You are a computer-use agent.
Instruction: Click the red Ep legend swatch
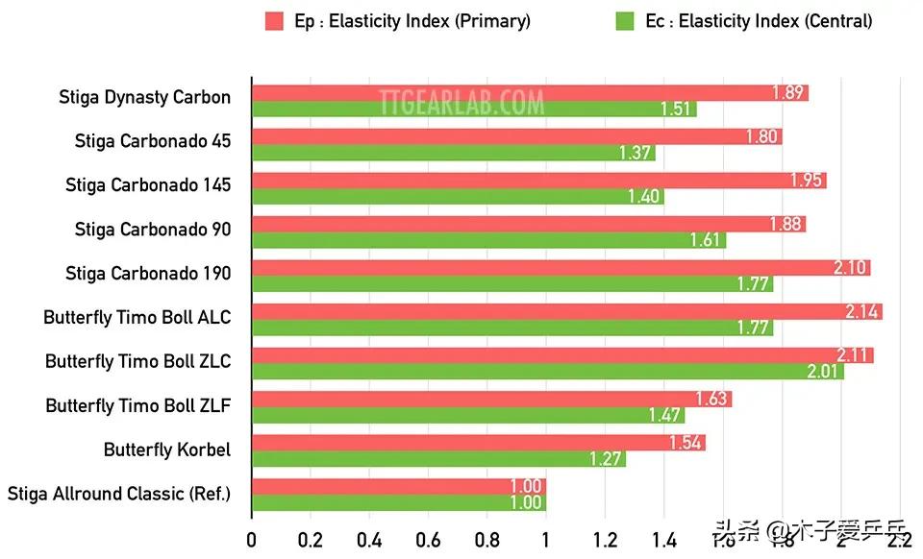pos(274,21)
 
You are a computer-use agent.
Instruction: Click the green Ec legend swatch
pos(626,21)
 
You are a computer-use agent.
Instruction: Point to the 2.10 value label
pos(851,268)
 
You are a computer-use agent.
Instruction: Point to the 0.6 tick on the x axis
pos(428,540)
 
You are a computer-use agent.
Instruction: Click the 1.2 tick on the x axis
pos(604,540)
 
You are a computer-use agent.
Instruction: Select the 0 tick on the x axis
pos(252,540)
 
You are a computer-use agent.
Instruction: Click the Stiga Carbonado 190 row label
pos(148,274)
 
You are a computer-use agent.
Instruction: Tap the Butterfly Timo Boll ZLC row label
pos(137,361)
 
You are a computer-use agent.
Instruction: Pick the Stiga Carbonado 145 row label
pos(148,185)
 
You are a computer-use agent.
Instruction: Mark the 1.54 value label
pos(686,444)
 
